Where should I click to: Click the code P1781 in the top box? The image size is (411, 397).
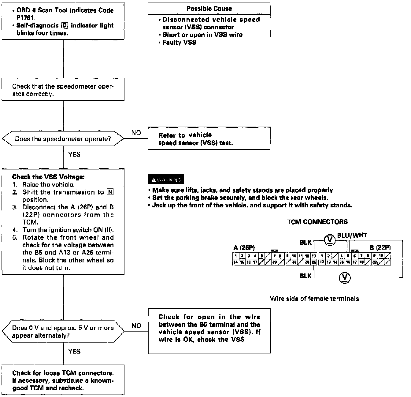26,18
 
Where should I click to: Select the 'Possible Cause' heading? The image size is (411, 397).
209,9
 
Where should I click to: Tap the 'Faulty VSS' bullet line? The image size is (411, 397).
179,42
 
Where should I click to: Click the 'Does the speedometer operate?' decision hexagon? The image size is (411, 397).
63,139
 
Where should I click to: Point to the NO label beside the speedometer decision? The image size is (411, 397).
136,133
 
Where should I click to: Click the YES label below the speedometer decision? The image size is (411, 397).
74,154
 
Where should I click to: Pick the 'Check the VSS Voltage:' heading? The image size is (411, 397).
48,177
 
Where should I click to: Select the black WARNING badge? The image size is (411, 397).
166,179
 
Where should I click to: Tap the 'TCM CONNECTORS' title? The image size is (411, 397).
317,222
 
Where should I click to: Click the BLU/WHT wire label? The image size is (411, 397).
352,235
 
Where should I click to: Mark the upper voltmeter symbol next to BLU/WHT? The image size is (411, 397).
329,240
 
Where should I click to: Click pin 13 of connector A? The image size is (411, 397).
313,256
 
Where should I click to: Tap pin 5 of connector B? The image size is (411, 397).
348,256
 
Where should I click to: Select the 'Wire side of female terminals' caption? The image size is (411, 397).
314,299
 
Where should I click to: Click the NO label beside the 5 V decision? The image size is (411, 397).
136,325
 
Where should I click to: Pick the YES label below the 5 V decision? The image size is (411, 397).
74,351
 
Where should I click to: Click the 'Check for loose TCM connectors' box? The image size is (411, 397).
63,380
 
